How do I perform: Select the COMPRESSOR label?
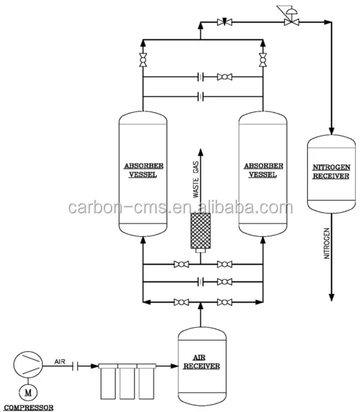[x=29, y=408]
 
